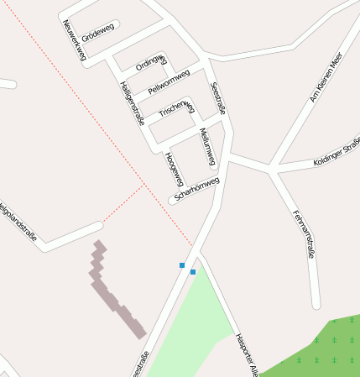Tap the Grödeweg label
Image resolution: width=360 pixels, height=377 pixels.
coord(99,30)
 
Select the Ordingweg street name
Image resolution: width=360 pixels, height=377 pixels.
coord(152,61)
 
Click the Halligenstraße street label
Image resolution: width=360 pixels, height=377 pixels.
coord(133,103)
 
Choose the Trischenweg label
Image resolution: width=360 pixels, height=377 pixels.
coord(177,110)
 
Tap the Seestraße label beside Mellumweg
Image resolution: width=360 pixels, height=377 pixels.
coord(220,98)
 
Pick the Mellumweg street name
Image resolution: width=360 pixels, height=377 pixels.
coord(207,146)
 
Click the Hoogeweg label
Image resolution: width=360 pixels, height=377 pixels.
coord(175,170)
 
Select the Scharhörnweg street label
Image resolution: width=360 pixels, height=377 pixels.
coord(196,190)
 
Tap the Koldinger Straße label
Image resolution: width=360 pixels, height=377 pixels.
coord(337,151)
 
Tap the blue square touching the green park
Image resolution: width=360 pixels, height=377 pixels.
coord(193,272)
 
